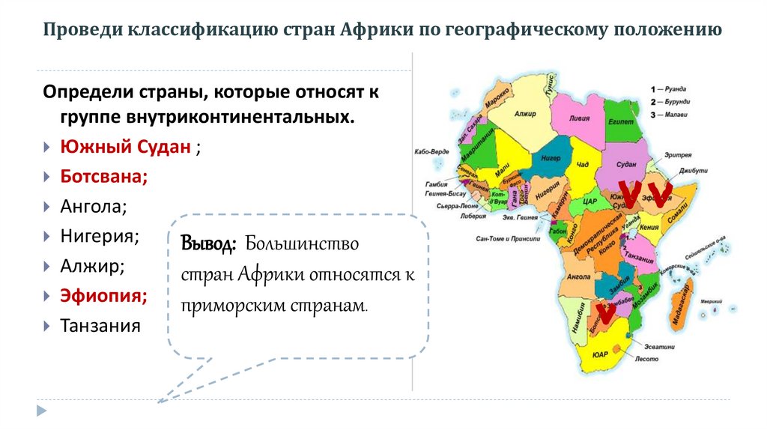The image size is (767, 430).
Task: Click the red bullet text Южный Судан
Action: [x=125, y=147]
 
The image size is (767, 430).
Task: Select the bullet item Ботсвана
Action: [x=103, y=177]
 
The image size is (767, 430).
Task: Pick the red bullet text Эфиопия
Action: [x=103, y=296]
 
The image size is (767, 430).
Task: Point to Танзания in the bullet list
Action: [x=100, y=326]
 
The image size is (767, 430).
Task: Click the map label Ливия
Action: [x=579, y=119]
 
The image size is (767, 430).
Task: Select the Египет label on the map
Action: [x=621, y=121]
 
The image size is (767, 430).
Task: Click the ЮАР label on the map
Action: [x=599, y=354]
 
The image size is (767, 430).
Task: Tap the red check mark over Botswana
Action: [x=604, y=312]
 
